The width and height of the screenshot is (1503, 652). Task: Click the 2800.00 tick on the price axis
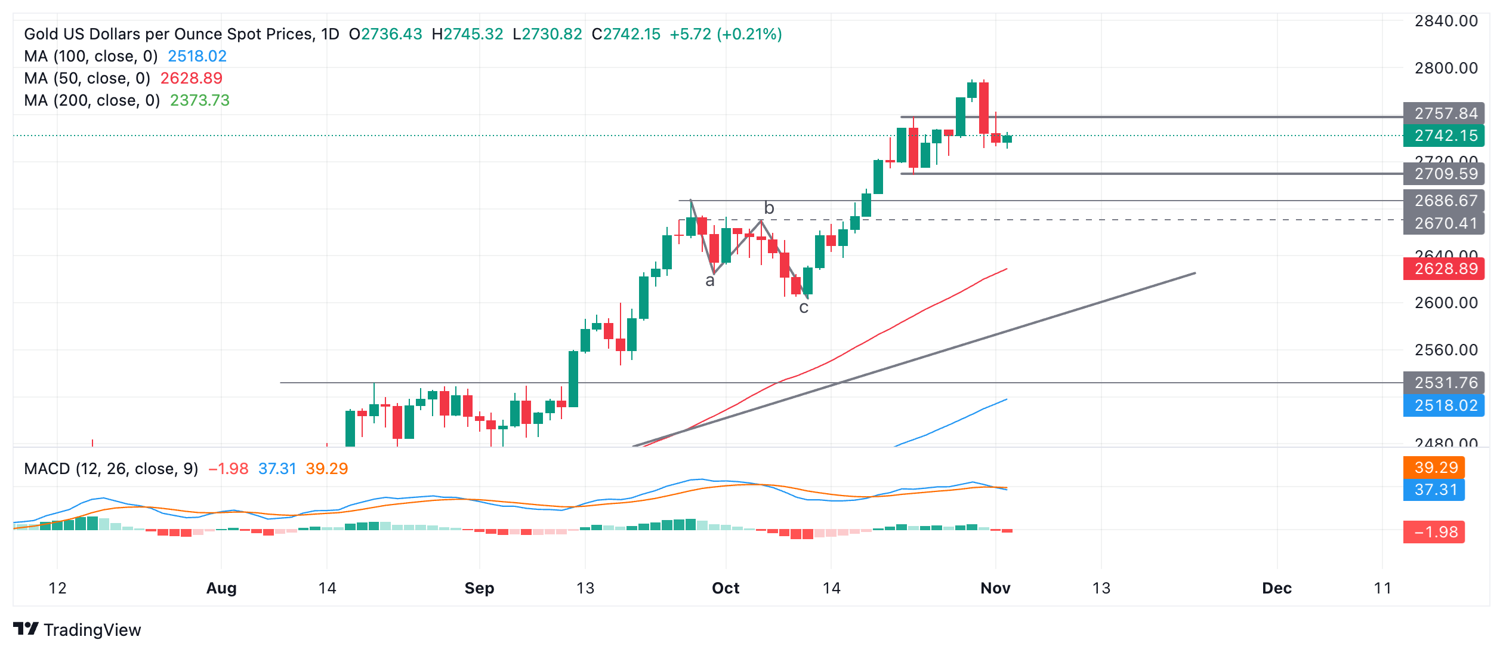[x=1446, y=68]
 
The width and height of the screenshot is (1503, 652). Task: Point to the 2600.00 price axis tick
[x=1446, y=303]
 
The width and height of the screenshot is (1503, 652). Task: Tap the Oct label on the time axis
[x=726, y=588]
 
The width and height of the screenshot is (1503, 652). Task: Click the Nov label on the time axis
[x=995, y=588]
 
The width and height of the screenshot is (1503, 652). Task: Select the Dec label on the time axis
[x=1277, y=588]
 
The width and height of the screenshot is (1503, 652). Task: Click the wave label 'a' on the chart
[x=710, y=281]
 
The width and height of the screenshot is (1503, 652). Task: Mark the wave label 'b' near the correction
[x=769, y=208]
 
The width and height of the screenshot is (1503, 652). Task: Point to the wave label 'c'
[x=804, y=307]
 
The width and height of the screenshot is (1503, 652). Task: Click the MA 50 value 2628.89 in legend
[x=191, y=78]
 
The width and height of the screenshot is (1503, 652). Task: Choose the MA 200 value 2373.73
[x=200, y=100]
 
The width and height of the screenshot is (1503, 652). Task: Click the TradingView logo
[x=78, y=629]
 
